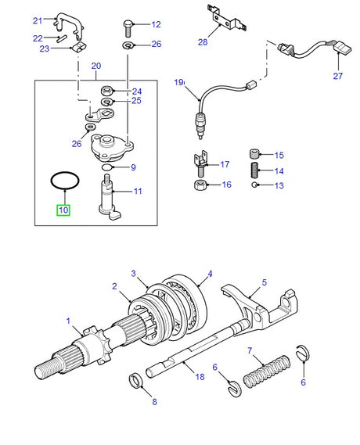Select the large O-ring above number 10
63,181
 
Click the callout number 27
337,77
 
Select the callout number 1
69,321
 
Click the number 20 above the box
96,66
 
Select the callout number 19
178,82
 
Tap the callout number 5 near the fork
264,282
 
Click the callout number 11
139,190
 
